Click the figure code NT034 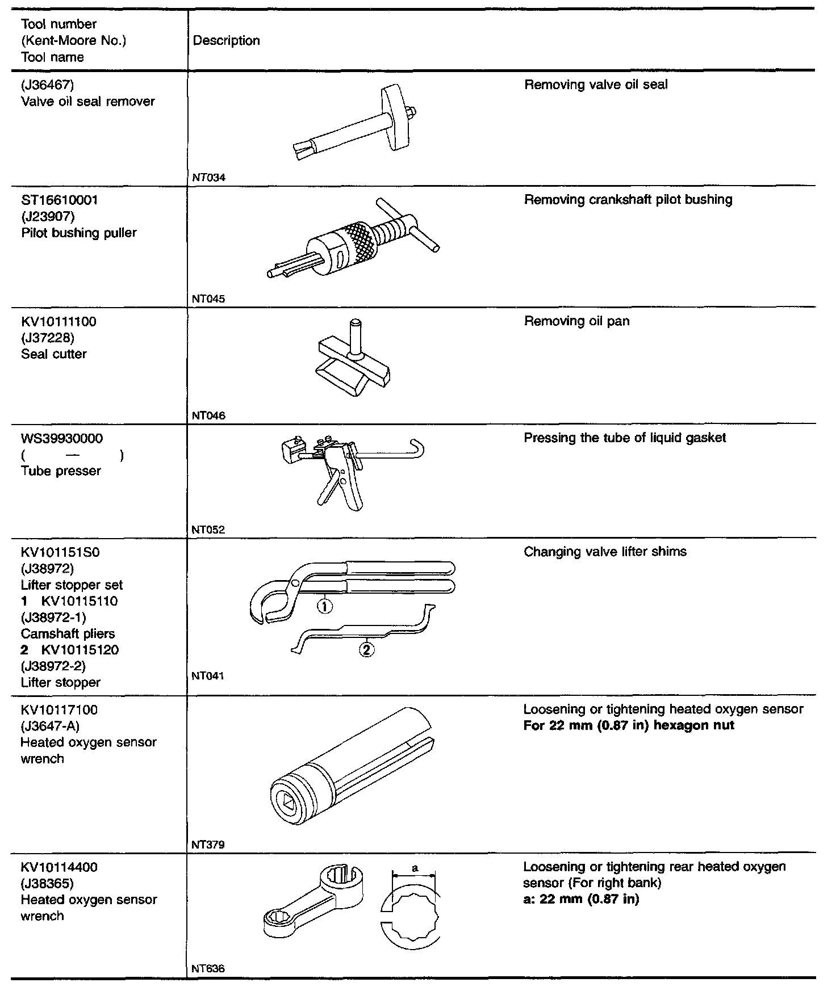(x=208, y=178)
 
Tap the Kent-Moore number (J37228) (x=48, y=338)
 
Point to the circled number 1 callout (x=324, y=606)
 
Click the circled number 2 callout (x=367, y=649)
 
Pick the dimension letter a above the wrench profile (x=415, y=868)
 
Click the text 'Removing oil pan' (x=576, y=321)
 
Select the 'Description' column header (x=226, y=41)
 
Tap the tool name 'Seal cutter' (x=54, y=354)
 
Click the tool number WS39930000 (x=62, y=439)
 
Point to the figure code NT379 (x=208, y=845)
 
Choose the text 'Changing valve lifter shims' (x=605, y=552)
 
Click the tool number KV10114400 (x=59, y=867)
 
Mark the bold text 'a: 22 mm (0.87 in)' (x=581, y=900)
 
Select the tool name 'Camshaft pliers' (x=68, y=634)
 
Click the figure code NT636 (x=208, y=968)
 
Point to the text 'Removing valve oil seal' (x=596, y=85)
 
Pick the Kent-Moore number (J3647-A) (x=50, y=726)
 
